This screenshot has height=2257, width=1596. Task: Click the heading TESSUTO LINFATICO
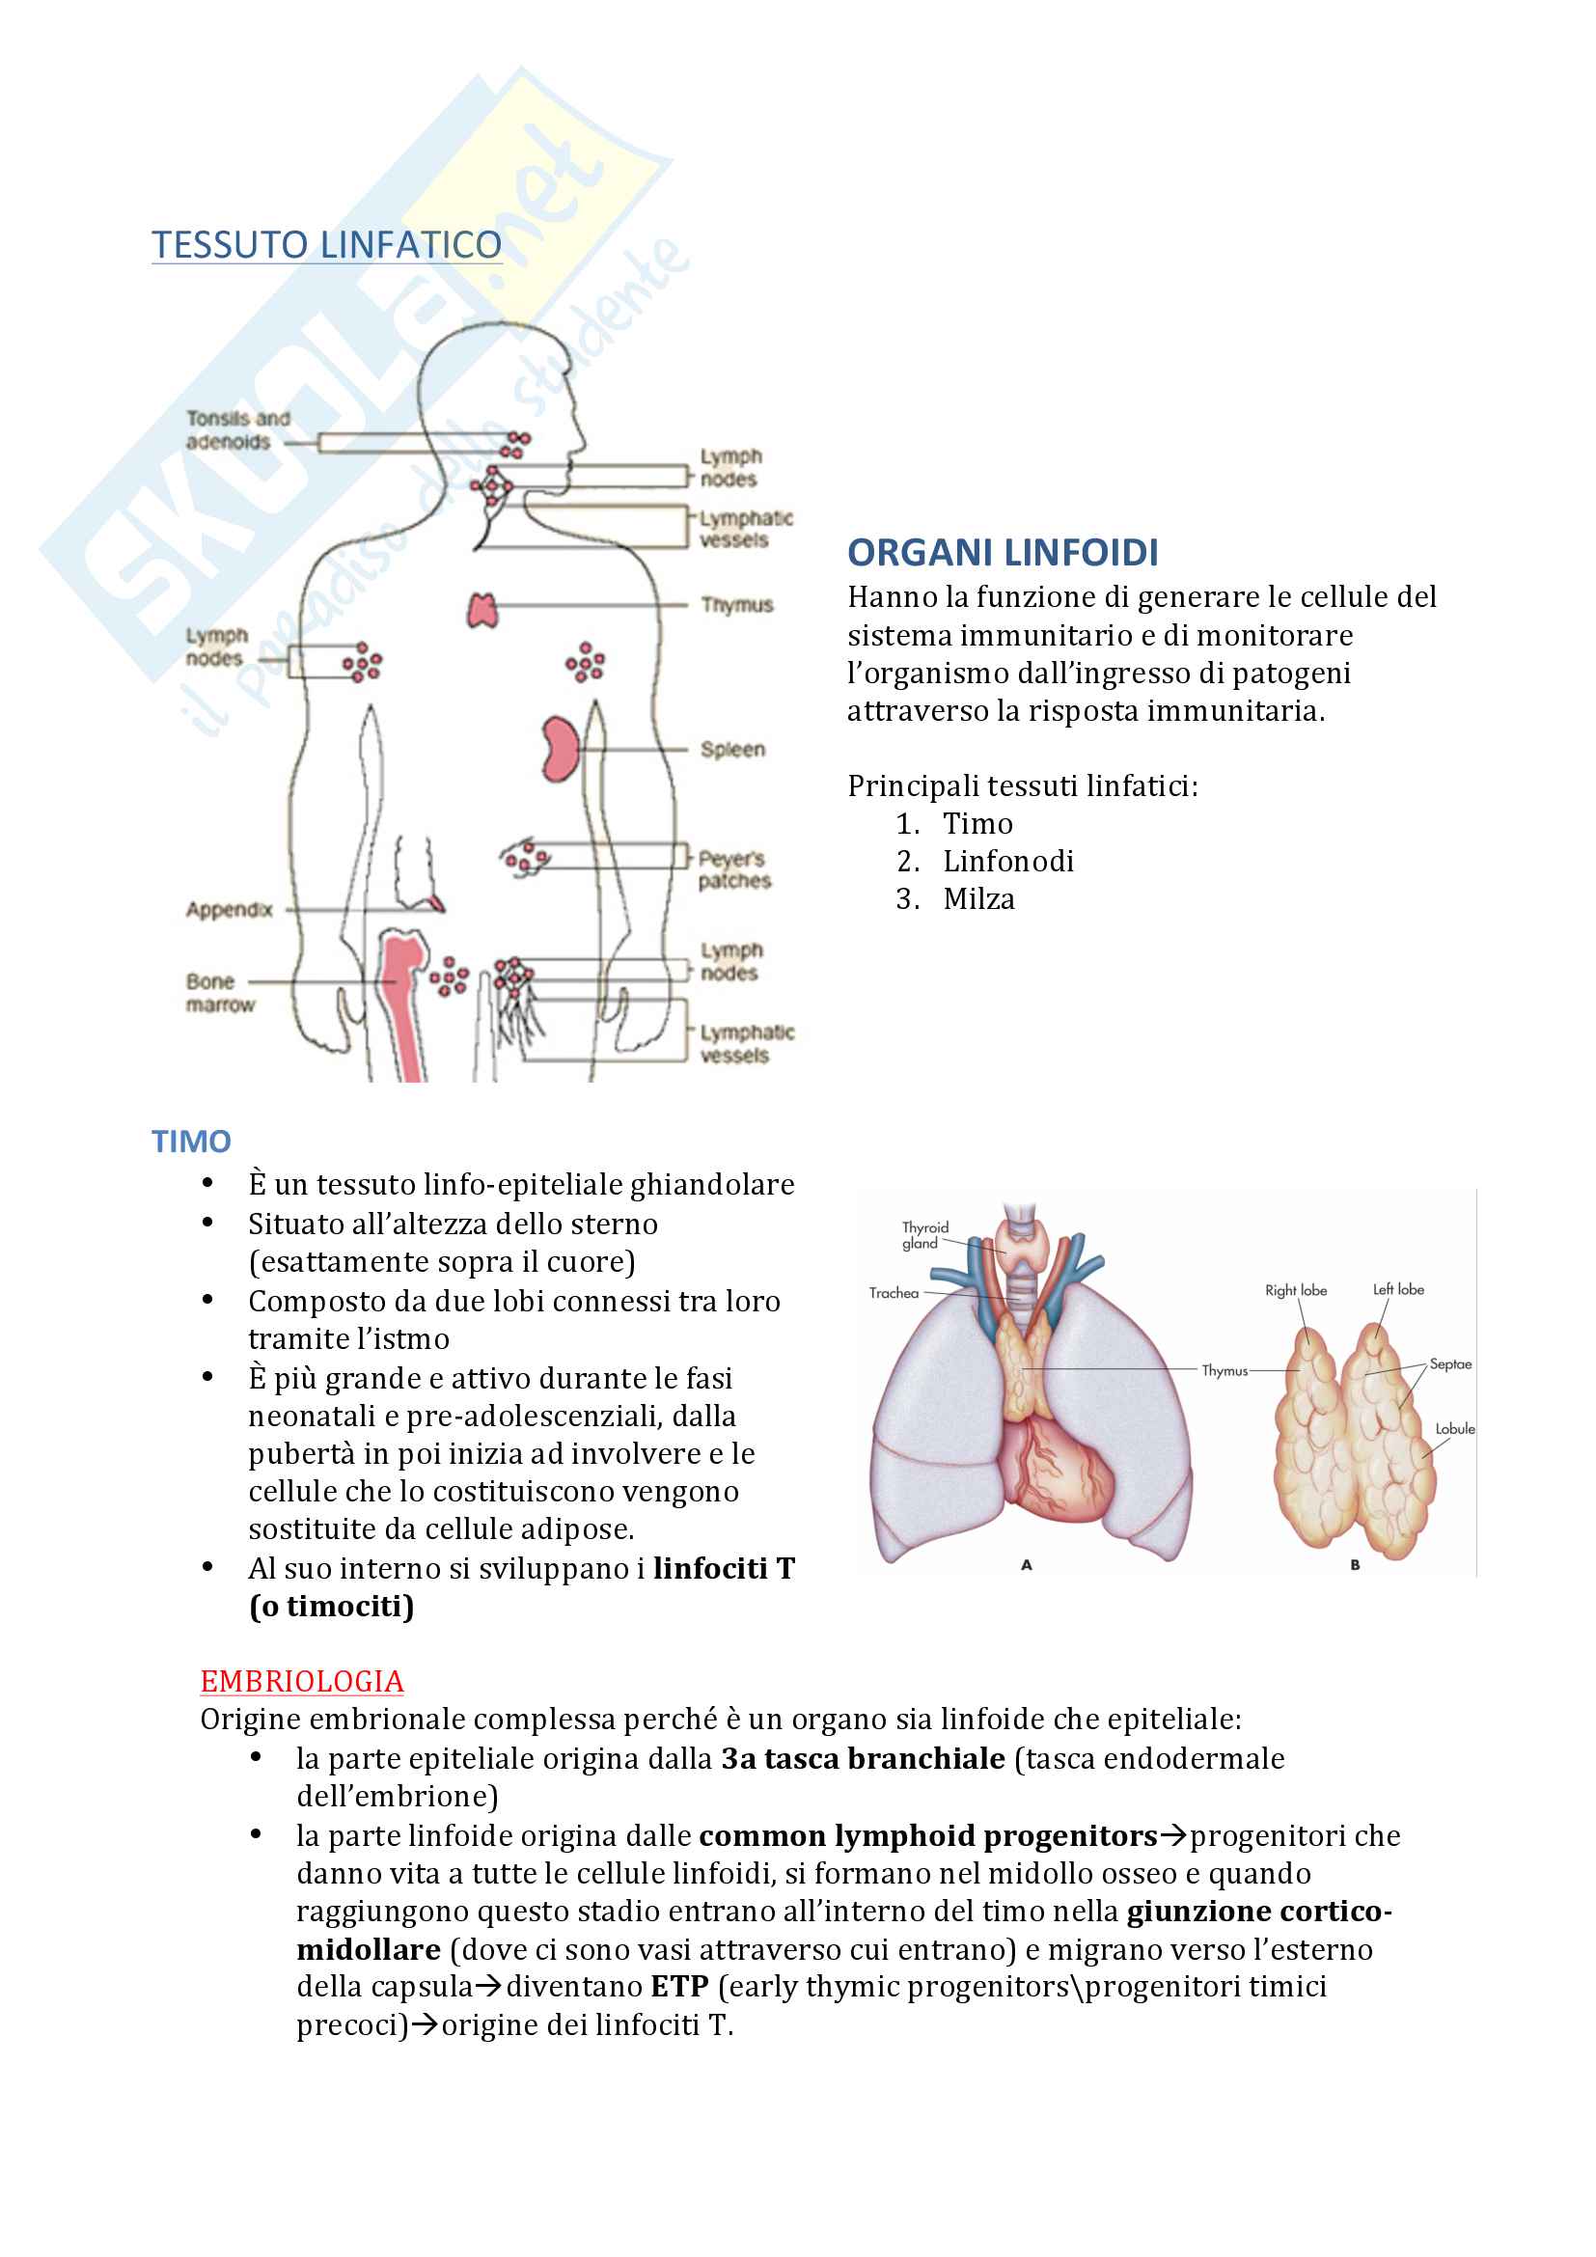coord(326,245)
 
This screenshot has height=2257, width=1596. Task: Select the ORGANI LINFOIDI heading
coord(1003,553)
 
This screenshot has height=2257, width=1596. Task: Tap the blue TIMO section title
coord(191,1142)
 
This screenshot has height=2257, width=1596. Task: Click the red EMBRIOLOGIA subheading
coord(302,1681)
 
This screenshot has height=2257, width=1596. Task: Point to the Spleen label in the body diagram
coord(732,749)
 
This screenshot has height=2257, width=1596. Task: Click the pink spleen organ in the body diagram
coord(561,748)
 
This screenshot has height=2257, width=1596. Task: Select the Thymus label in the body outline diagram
coord(737,605)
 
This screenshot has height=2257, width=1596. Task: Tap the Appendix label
coord(229,909)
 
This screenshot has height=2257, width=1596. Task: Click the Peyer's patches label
coord(734,870)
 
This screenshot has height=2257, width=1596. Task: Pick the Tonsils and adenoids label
coord(237,429)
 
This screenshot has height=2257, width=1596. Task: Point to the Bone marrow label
coord(219,993)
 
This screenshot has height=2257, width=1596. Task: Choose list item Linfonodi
coord(1008,861)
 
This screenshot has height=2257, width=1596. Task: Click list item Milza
coord(978,898)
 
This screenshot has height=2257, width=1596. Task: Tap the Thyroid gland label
coord(924,1235)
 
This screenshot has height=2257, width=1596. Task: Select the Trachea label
coord(894,1293)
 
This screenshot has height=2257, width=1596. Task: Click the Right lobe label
coord(1295,1290)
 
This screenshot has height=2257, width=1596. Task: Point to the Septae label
coord(1449,1363)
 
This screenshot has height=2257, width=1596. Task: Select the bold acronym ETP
coord(679,1986)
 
